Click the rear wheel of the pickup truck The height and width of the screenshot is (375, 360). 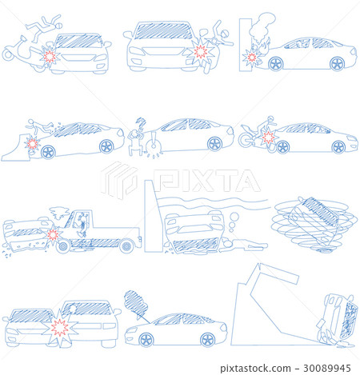pyautogui.click(x=126, y=246)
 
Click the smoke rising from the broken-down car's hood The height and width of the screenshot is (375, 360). pyautogui.click(x=136, y=304)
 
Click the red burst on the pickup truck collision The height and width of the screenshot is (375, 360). pyautogui.click(x=53, y=235)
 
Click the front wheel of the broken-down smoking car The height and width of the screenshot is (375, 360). pyautogui.click(x=146, y=340)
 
